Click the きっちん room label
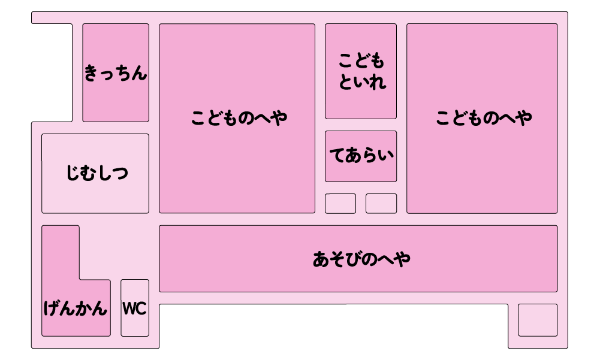[x=116, y=74]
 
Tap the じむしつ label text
[x=97, y=174]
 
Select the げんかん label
[x=76, y=308]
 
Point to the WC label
[x=134, y=308]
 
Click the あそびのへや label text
[x=361, y=259]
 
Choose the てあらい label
[x=361, y=156]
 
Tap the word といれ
[x=361, y=82]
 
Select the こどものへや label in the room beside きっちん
[x=239, y=118]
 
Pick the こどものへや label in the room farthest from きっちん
[x=483, y=118]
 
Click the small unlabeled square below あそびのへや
[x=537, y=320]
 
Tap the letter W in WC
[x=129, y=308]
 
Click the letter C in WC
[x=141, y=308]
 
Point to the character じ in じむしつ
[x=73, y=174]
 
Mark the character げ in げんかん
[x=52, y=308]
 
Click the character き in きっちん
[x=92, y=74]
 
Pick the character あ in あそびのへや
[x=321, y=259]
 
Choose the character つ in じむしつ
[x=120, y=174]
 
